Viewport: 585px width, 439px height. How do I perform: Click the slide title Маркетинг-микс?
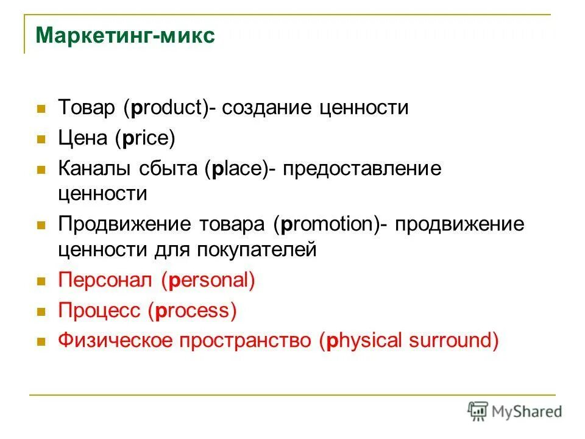(x=126, y=35)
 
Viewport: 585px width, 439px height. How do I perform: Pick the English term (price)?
(x=144, y=138)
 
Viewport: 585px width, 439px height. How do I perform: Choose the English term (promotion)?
(x=329, y=224)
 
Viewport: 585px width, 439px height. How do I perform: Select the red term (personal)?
(x=208, y=280)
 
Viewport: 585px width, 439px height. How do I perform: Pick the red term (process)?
(x=191, y=311)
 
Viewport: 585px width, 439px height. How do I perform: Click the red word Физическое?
(x=115, y=340)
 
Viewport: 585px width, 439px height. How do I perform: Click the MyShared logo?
(x=514, y=411)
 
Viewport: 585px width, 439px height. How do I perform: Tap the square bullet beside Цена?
(x=42, y=139)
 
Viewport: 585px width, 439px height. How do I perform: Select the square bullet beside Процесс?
(x=42, y=312)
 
